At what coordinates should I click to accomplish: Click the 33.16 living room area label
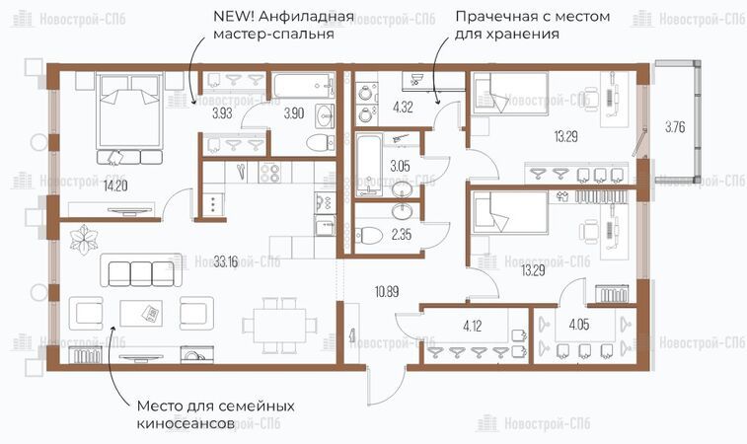pos(226,262)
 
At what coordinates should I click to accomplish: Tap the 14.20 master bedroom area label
pos(115,185)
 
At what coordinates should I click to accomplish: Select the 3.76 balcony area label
pos(675,127)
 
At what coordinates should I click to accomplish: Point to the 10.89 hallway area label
pos(387,291)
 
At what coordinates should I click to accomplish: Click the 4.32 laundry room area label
pos(403,107)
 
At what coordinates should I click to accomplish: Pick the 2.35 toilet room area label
pos(402,235)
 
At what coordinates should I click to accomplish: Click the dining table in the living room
pos(279,326)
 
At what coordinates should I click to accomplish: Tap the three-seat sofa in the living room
pos(141,270)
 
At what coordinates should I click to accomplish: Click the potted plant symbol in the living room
pos(83,239)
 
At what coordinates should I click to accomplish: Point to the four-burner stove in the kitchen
pos(269,173)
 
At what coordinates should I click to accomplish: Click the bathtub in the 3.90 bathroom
pos(304,85)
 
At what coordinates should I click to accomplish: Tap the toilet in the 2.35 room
pos(369,235)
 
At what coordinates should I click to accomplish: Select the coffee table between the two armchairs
pos(140,313)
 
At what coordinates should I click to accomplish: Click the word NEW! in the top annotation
pos(231,16)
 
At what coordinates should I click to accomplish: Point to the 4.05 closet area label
pos(579,325)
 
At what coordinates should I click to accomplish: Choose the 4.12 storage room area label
pos(472,327)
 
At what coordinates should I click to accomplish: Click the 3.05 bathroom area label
pos(401,166)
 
